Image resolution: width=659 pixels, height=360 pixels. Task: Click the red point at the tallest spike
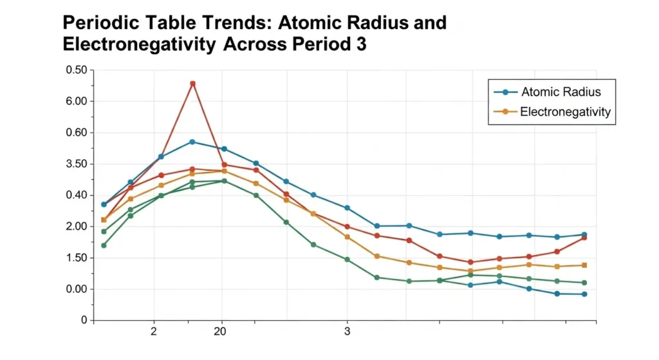[x=192, y=84]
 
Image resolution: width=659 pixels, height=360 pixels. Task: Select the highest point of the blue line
[x=192, y=142]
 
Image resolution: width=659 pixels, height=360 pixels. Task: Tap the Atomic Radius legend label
[x=561, y=92]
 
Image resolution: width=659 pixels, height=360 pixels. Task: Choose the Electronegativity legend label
[x=565, y=112]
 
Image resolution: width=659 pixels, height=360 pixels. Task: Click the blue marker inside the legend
[x=505, y=92]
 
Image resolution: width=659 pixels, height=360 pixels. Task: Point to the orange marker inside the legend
[x=505, y=112]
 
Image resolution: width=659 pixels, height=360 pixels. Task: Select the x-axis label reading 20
[x=220, y=332]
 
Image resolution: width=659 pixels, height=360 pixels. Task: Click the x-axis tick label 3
[x=347, y=332]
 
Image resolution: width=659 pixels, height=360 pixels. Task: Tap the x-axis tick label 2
[x=153, y=332]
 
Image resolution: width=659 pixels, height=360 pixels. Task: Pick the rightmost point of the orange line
[x=584, y=265]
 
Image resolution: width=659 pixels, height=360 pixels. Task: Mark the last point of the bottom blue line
[x=584, y=294]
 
